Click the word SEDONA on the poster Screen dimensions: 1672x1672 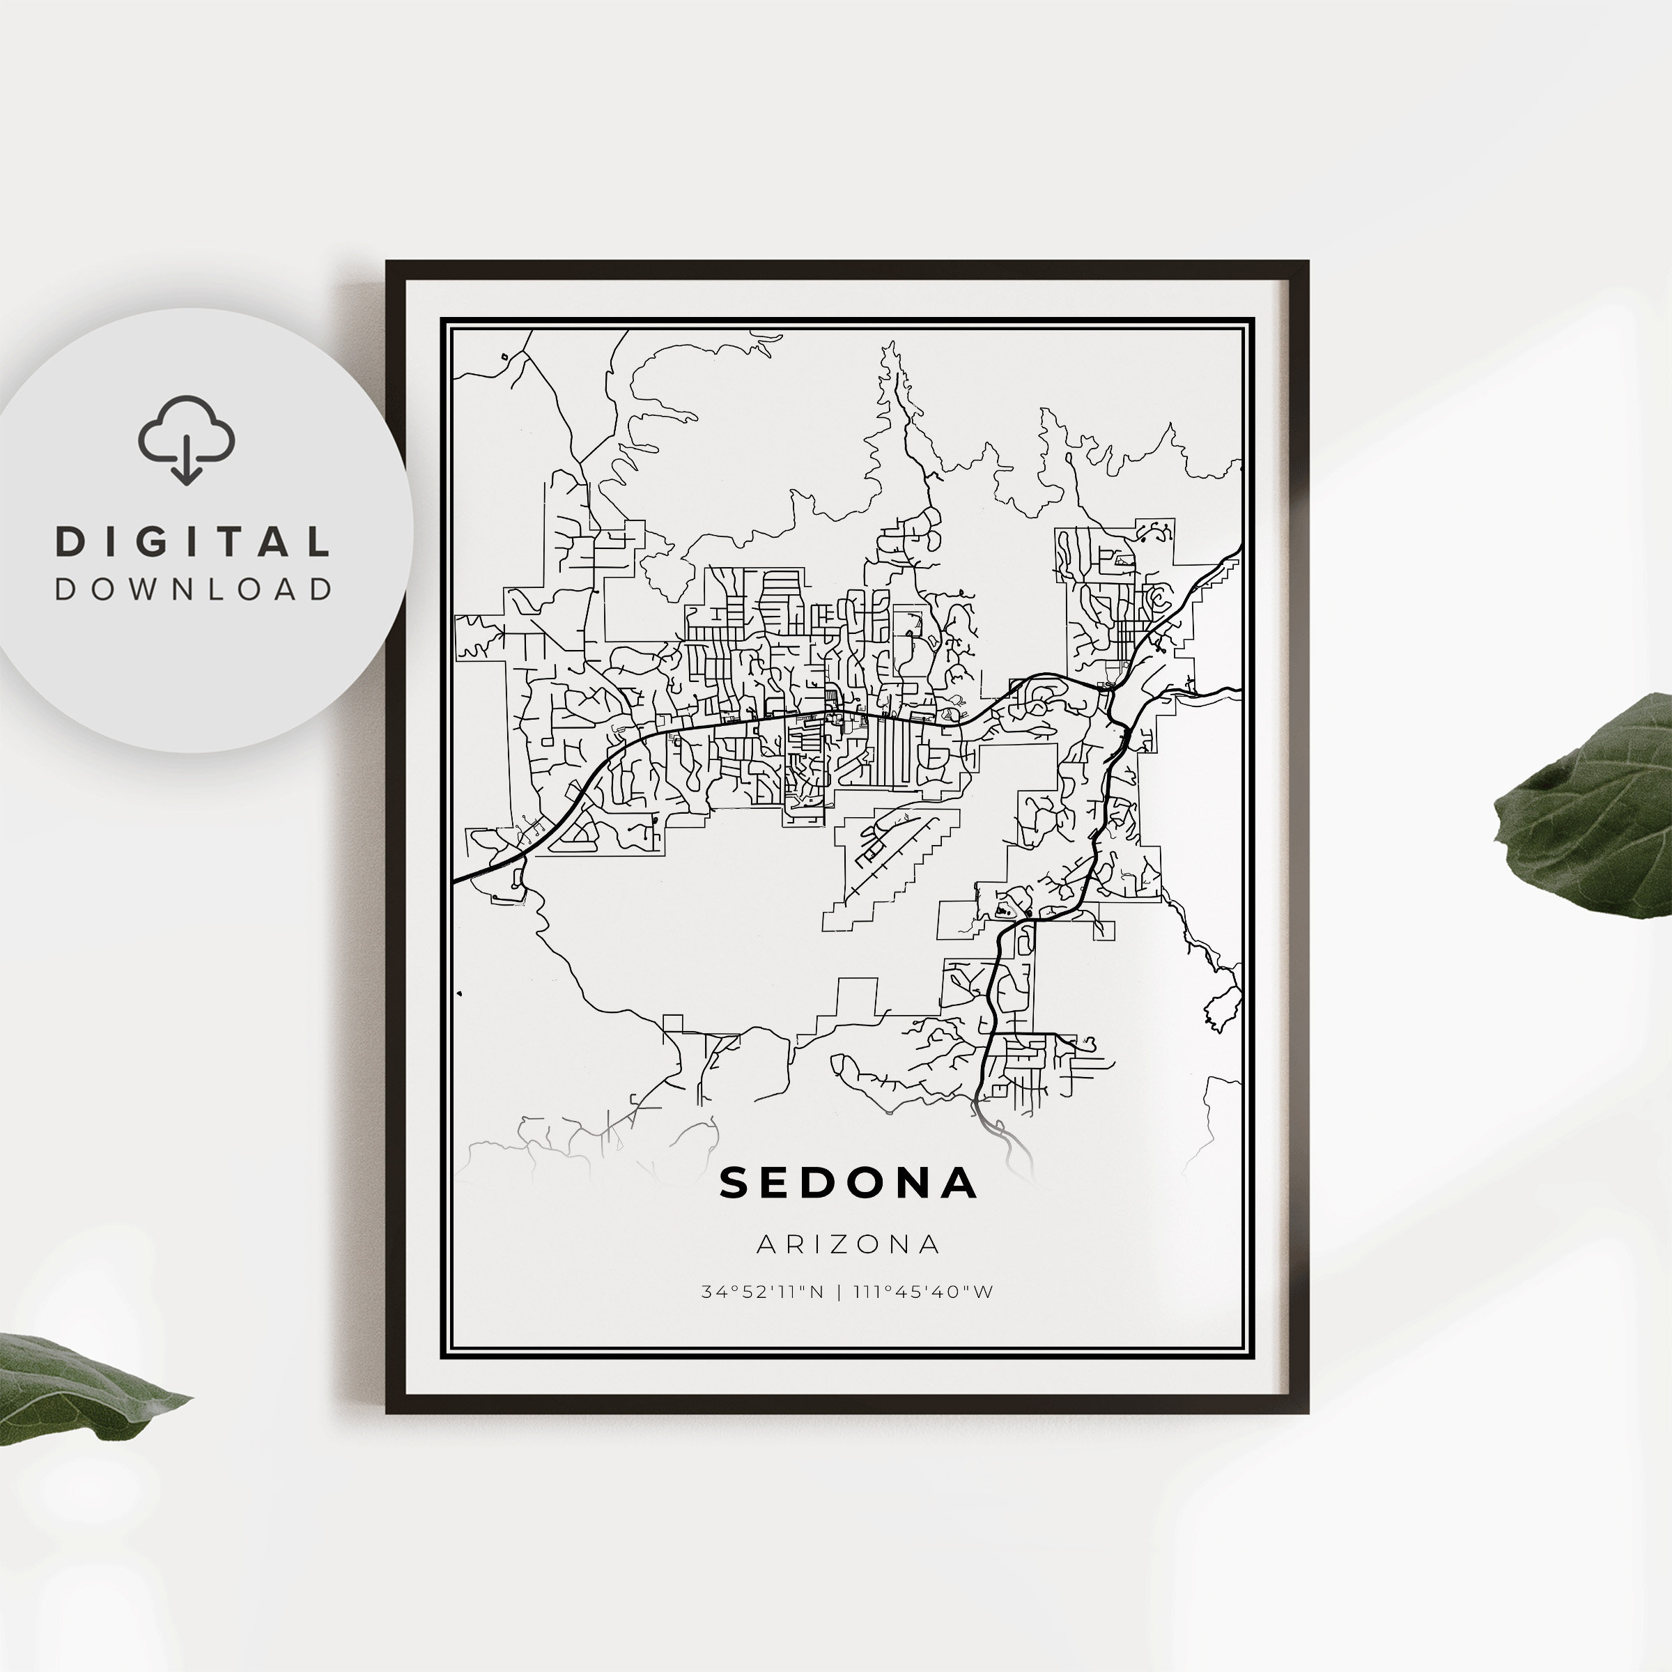(x=848, y=1184)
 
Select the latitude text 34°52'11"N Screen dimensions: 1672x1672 (x=762, y=1292)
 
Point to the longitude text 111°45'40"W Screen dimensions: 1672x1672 (x=923, y=1292)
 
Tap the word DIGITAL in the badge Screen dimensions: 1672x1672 (x=192, y=543)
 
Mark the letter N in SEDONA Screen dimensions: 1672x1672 (x=915, y=1184)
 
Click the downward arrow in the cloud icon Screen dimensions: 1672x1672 (x=186, y=463)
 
